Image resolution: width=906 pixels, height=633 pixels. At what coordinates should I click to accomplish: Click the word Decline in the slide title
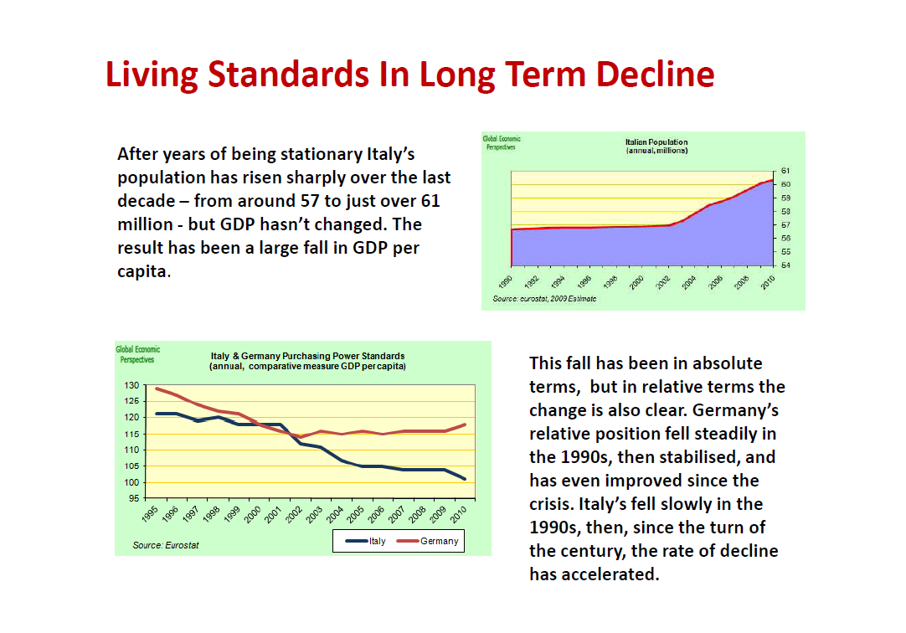655,75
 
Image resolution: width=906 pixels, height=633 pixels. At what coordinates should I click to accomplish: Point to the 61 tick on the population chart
785,170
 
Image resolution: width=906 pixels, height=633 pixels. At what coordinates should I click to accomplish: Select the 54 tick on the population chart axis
785,265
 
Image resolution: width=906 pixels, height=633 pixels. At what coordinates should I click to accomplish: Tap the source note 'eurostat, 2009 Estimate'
544,299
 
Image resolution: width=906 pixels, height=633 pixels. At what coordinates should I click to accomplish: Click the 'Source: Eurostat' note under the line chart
166,546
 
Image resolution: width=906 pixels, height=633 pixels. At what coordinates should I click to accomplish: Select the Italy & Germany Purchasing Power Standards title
307,361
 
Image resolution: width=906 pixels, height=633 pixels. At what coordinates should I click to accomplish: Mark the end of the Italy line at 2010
465,479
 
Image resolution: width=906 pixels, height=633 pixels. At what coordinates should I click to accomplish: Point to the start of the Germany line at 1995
157,389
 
